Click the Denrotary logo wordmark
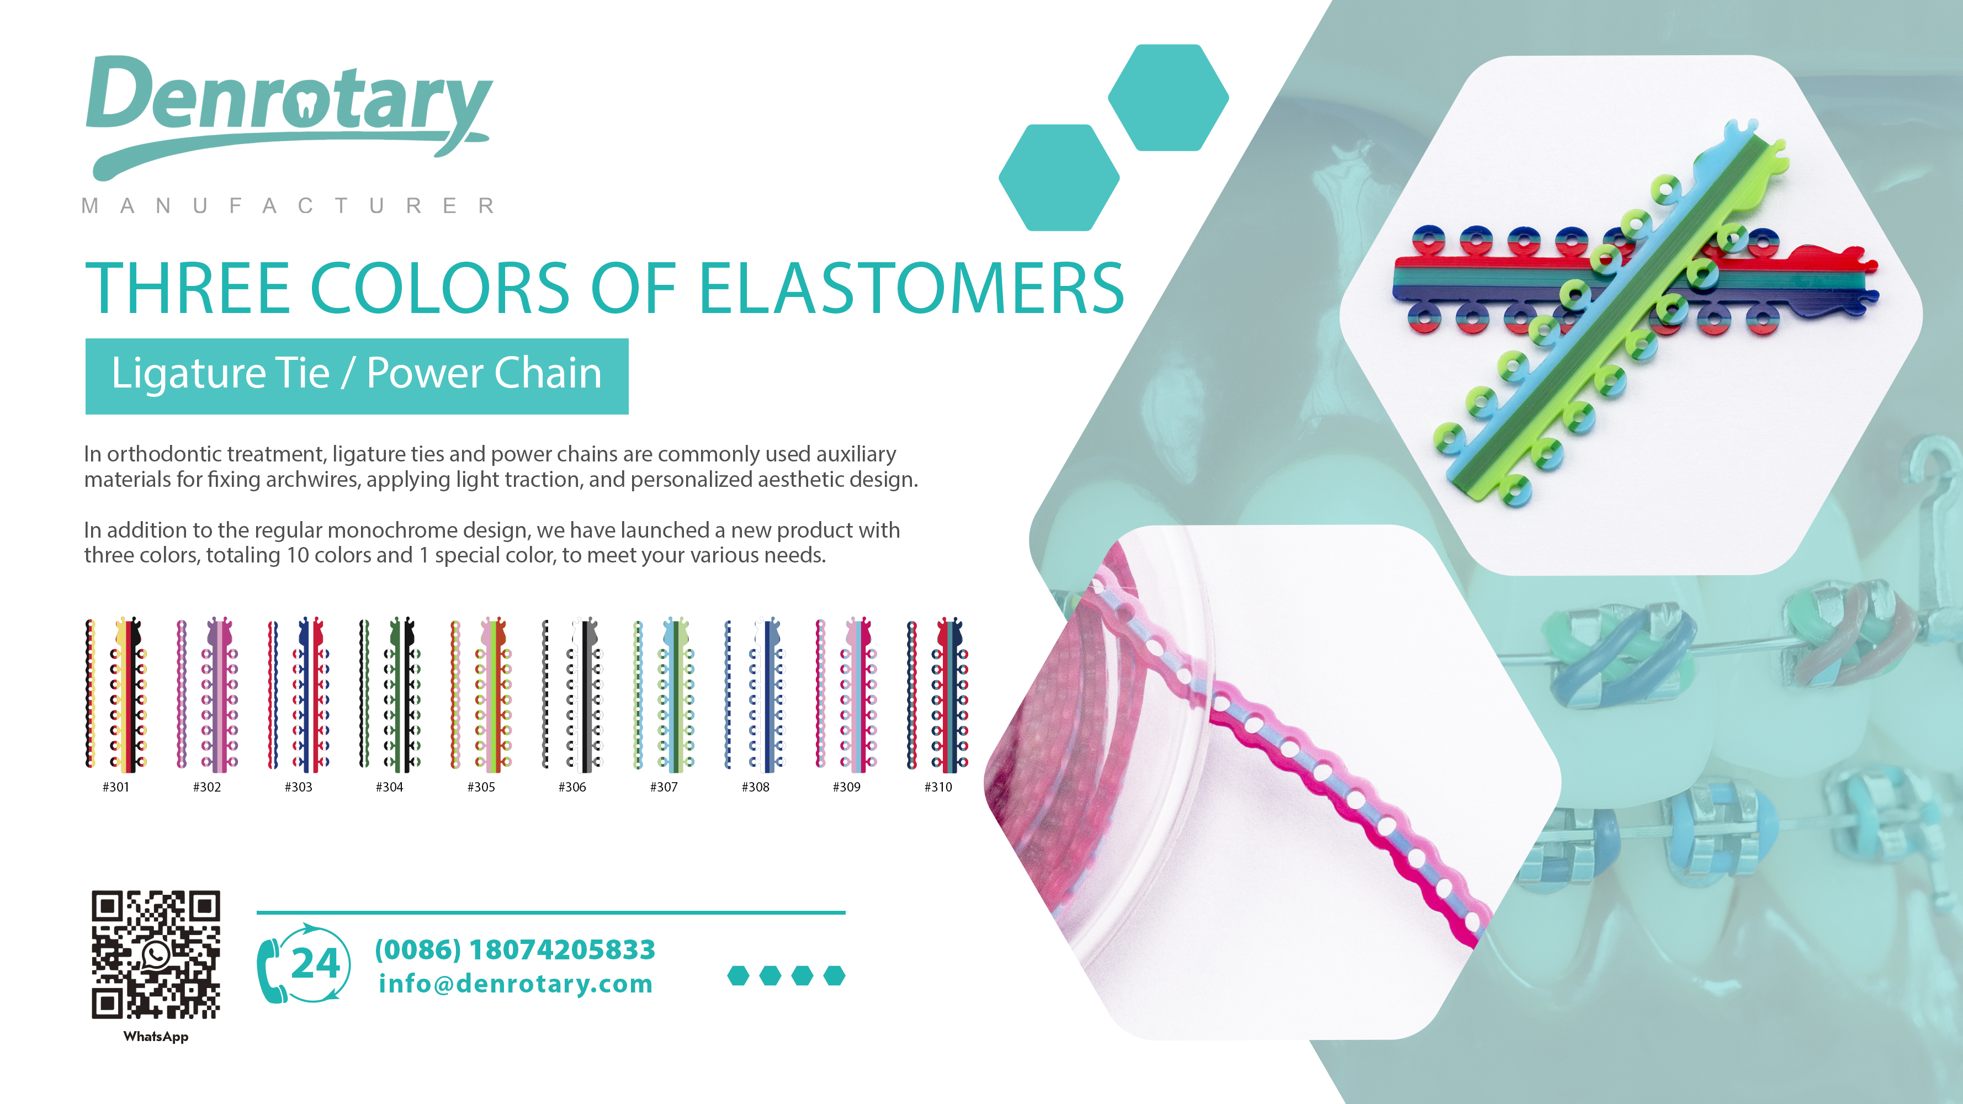coord(290,114)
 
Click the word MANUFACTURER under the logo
coord(289,206)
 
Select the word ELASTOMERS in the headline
coord(911,288)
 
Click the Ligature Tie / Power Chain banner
coord(357,375)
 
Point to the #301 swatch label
coord(116,787)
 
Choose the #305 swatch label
coord(481,787)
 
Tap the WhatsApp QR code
coord(156,954)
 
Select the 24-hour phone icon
coord(303,964)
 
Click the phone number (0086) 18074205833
coord(515,949)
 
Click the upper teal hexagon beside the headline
coord(1168,98)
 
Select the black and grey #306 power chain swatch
coord(573,693)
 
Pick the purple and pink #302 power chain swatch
coord(207,693)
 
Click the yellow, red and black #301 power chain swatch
coord(116,693)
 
